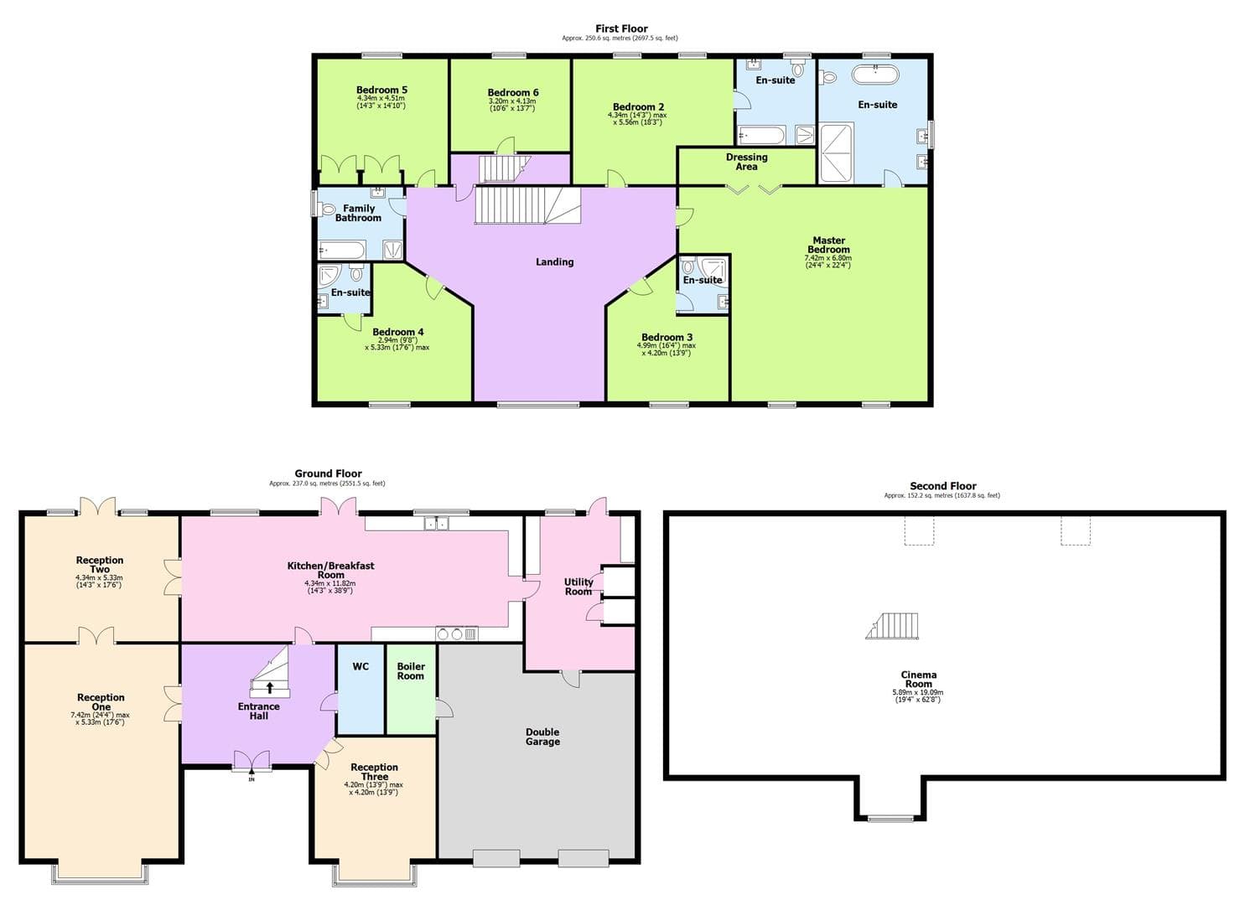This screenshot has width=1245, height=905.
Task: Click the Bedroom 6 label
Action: click(x=513, y=93)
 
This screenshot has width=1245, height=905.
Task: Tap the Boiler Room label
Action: click(x=411, y=671)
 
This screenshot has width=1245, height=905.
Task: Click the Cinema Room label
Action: click(x=919, y=680)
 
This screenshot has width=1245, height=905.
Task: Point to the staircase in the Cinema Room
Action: click(x=894, y=626)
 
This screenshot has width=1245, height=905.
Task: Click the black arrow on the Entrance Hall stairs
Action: click(x=270, y=688)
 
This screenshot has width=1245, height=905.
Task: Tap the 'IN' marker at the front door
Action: click(x=252, y=780)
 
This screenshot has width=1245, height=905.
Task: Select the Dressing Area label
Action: click(x=746, y=162)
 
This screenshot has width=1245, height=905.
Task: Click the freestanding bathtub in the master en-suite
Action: click(x=875, y=75)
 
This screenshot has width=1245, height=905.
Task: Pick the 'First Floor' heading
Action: click(x=621, y=28)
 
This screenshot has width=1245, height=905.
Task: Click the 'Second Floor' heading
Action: click(x=942, y=486)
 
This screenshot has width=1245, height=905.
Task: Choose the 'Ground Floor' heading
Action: click(x=328, y=473)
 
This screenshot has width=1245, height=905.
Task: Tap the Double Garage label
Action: click(x=542, y=737)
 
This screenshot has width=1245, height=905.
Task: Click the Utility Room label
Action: click(x=578, y=587)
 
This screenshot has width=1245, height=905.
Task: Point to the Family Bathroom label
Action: click(x=359, y=213)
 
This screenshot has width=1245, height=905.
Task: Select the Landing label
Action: click(x=555, y=262)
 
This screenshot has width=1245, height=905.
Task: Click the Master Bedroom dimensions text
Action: click(x=827, y=261)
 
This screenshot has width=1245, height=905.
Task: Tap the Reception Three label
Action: click(x=374, y=772)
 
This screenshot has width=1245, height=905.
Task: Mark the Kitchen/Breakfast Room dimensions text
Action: click(x=330, y=587)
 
